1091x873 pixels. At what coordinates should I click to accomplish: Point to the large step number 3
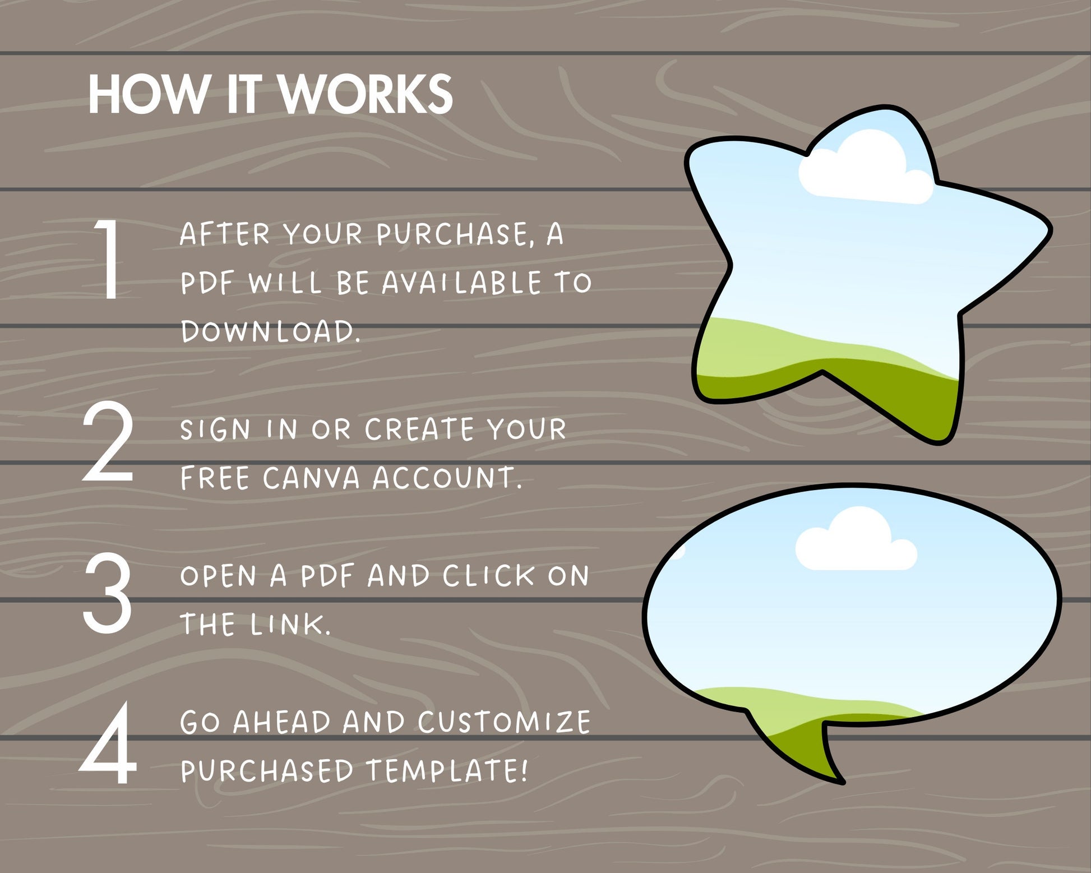tap(107, 593)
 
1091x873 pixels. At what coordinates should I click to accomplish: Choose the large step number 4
tap(108, 742)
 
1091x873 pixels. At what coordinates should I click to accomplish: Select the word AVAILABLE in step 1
tap(462, 283)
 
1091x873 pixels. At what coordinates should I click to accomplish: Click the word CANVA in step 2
tap(311, 478)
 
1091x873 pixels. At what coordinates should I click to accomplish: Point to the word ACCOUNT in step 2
tap(447, 478)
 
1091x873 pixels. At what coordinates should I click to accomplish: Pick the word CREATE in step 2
tap(419, 429)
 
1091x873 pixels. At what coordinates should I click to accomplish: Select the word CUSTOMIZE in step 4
tap(504, 722)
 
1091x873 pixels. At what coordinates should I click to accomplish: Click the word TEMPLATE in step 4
tap(447, 770)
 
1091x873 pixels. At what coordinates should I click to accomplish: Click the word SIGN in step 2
tap(215, 429)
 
